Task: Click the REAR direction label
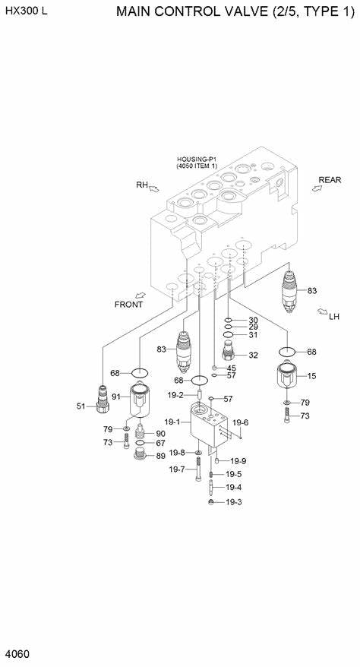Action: point(330,180)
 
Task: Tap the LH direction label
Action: point(334,317)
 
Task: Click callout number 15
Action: point(311,375)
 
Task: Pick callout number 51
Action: point(81,406)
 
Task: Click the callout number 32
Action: point(253,355)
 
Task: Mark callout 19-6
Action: point(240,422)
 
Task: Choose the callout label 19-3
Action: point(233,502)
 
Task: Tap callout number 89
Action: point(160,456)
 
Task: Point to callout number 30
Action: point(253,320)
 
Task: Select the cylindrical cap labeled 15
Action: point(287,378)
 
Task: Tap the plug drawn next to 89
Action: point(139,455)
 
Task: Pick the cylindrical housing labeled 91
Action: point(138,400)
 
